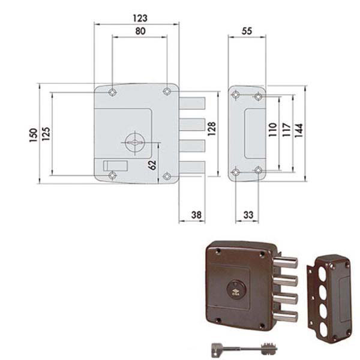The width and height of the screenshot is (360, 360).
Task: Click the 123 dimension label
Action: (140, 18)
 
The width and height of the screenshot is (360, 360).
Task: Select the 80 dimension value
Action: (140, 31)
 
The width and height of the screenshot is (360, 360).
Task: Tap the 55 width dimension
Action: (247, 31)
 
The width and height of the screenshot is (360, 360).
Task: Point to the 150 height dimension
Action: (34, 135)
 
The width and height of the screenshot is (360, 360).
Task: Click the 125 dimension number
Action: (46, 134)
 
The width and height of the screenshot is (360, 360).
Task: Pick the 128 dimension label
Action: (212, 128)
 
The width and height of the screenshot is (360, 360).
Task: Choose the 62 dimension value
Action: (152, 164)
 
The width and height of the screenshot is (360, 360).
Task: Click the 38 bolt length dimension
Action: (197, 215)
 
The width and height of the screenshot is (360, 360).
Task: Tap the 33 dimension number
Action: (248, 215)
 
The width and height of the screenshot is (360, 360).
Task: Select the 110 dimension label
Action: (273, 130)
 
